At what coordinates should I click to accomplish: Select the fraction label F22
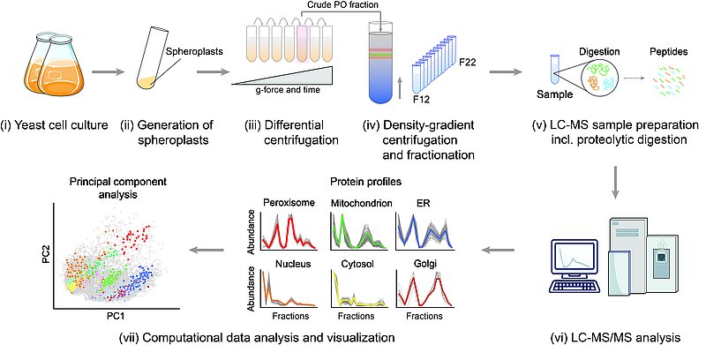tap(469, 64)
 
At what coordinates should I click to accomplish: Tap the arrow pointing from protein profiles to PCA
tap(211, 252)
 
